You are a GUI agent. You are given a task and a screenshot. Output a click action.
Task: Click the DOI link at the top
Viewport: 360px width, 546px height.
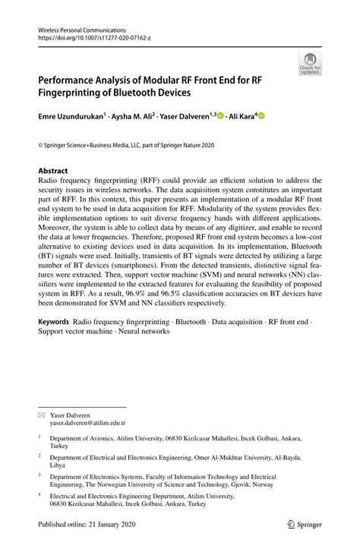86,37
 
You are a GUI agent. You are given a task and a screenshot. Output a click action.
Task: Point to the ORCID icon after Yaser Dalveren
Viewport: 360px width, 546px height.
221,116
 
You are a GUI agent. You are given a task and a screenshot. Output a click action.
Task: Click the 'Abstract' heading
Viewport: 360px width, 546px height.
53,171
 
